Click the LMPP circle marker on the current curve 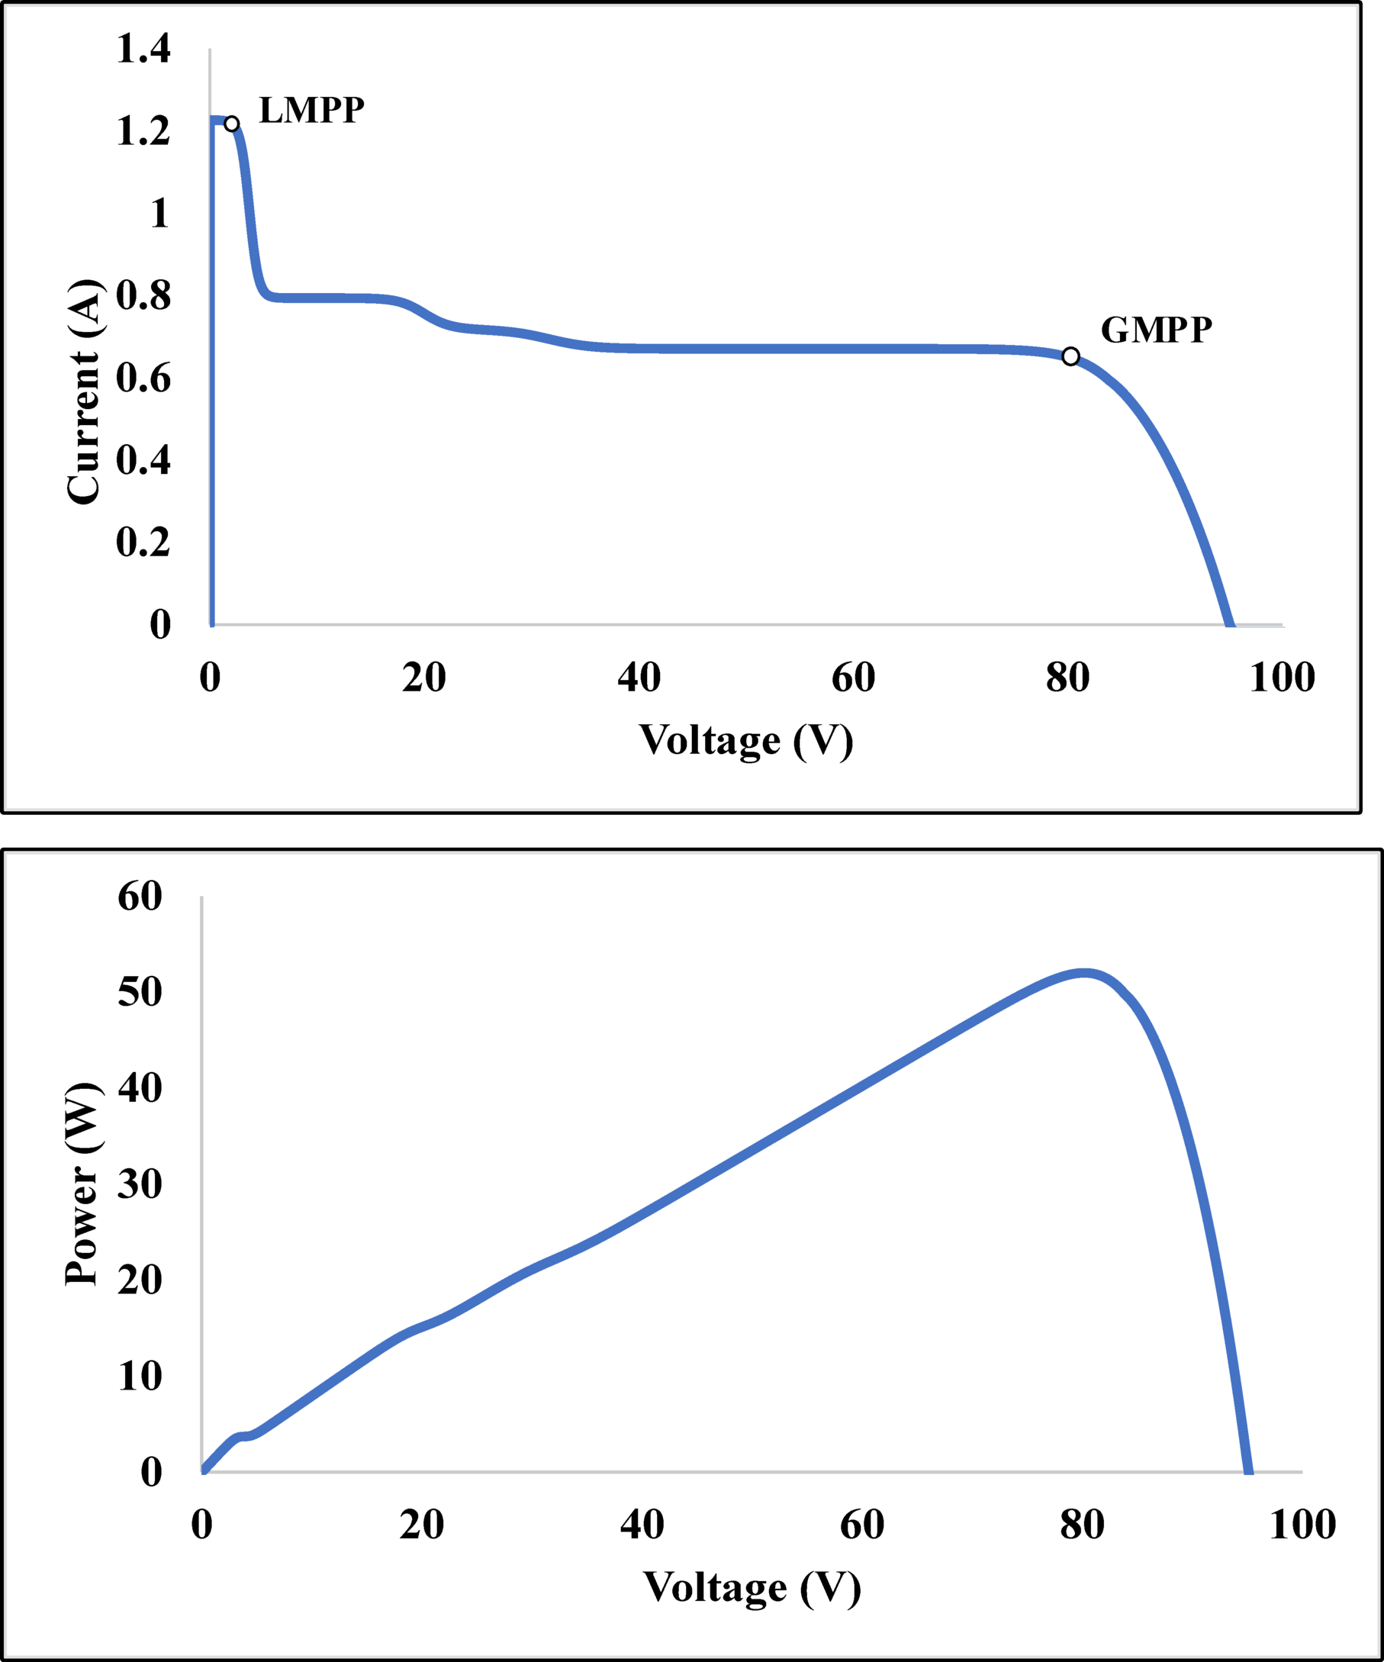(x=231, y=124)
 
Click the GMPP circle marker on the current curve (x=1070, y=356)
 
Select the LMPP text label (x=312, y=110)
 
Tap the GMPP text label (x=1156, y=330)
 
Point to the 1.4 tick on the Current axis (x=143, y=49)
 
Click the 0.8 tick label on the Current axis (x=143, y=296)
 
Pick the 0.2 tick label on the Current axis (x=143, y=542)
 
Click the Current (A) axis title (x=84, y=391)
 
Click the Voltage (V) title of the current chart (x=745, y=741)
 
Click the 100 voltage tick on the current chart (x=1282, y=678)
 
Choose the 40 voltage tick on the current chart (x=639, y=678)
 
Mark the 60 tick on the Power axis (x=140, y=897)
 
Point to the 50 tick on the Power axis (x=140, y=992)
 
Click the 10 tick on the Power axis (x=140, y=1377)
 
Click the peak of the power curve (x=1084, y=973)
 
